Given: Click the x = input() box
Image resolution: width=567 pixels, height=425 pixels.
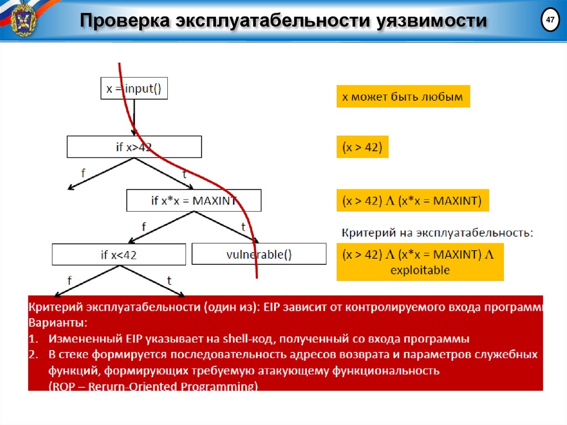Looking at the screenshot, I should click(134, 88).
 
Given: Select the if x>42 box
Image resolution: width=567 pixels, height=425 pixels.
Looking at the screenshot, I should click(134, 147).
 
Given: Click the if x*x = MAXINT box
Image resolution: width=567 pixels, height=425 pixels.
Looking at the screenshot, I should click(194, 201).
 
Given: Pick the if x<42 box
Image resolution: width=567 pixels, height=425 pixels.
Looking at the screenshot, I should click(118, 254).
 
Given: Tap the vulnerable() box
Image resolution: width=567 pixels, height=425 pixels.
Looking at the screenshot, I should click(259, 254).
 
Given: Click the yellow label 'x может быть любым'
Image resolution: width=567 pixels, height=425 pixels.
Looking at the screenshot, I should click(403, 96).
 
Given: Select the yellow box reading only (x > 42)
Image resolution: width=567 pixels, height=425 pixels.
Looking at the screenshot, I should click(362, 147).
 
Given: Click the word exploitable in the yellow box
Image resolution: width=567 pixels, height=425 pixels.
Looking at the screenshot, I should click(420, 270).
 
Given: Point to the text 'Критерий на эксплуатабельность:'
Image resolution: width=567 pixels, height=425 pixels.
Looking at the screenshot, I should click(437, 233).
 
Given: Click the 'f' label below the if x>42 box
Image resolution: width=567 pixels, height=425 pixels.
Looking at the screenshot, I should click(83, 173).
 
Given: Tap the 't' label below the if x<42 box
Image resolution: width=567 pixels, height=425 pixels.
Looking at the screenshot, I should click(169, 281).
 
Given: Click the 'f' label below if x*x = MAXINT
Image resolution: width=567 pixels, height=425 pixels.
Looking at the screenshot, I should click(144, 227).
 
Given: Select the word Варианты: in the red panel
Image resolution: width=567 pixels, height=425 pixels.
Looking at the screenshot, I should click(58, 322).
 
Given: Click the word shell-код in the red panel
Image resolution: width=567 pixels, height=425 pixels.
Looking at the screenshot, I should click(252, 338).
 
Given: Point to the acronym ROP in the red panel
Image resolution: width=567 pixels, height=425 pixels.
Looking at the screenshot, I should click(63, 386).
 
